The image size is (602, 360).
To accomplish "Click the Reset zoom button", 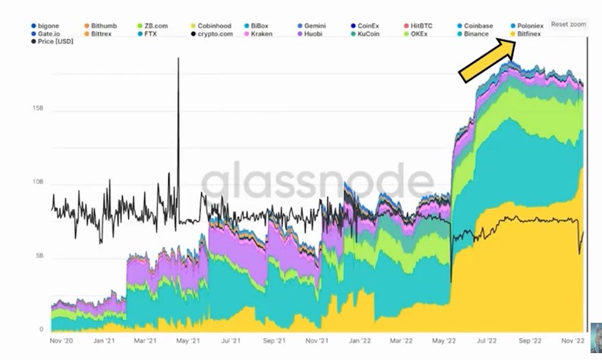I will (568, 24).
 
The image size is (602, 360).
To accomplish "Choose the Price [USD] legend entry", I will (54, 43).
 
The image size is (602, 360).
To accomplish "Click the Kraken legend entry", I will (258, 34).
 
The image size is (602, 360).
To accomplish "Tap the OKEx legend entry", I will (424, 34).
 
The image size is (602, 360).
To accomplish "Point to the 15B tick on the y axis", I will (37, 109).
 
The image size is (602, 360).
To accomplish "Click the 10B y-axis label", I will (37, 182).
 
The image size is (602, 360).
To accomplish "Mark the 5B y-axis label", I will (39, 256).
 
